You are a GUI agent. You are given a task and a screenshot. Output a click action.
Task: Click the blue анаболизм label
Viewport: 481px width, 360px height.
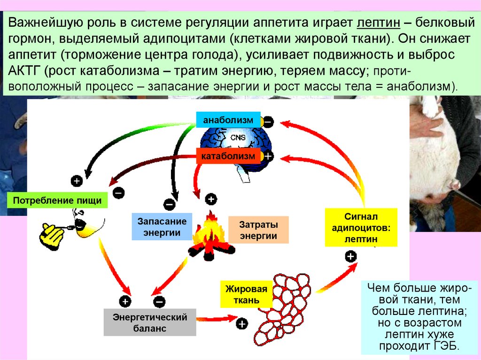tap(228, 120)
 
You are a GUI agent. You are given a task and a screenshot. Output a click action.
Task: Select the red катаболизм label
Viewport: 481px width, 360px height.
tap(228, 155)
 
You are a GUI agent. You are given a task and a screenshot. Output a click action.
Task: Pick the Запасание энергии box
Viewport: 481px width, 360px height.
tap(162, 227)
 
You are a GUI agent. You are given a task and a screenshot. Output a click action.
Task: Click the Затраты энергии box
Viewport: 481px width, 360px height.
tap(258, 230)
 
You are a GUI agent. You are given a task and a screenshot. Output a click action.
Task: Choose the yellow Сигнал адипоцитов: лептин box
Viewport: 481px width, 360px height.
tap(361, 228)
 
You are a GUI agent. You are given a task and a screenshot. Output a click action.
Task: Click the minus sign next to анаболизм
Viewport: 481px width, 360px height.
tap(268, 121)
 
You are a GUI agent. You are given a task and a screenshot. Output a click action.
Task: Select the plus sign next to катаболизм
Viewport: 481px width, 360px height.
tap(268, 156)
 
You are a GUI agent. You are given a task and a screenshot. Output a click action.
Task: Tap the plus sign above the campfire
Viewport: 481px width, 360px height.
tap(211, 199)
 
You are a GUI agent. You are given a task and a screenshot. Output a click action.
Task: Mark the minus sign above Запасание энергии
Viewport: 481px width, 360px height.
tap(169, 204)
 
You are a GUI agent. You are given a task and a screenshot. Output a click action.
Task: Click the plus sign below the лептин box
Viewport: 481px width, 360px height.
tap(351, 256)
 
